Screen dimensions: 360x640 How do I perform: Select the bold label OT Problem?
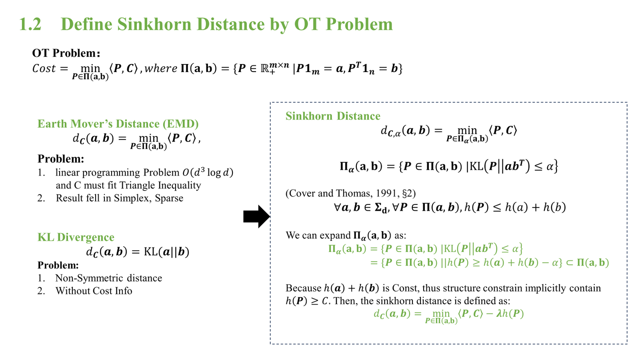(66, 53)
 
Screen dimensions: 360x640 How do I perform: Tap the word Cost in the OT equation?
(44, 69)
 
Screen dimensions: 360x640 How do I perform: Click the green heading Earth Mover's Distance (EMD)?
(118, 124)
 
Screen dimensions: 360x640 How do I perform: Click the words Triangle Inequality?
(163, 185)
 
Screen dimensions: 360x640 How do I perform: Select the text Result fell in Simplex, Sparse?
(119, 198)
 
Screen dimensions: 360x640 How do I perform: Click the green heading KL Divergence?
(76, 237)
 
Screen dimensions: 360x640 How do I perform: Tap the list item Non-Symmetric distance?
(108, 278)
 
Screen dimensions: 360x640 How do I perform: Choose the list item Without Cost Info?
(93, 291)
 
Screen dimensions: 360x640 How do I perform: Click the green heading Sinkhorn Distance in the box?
(333, 116)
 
